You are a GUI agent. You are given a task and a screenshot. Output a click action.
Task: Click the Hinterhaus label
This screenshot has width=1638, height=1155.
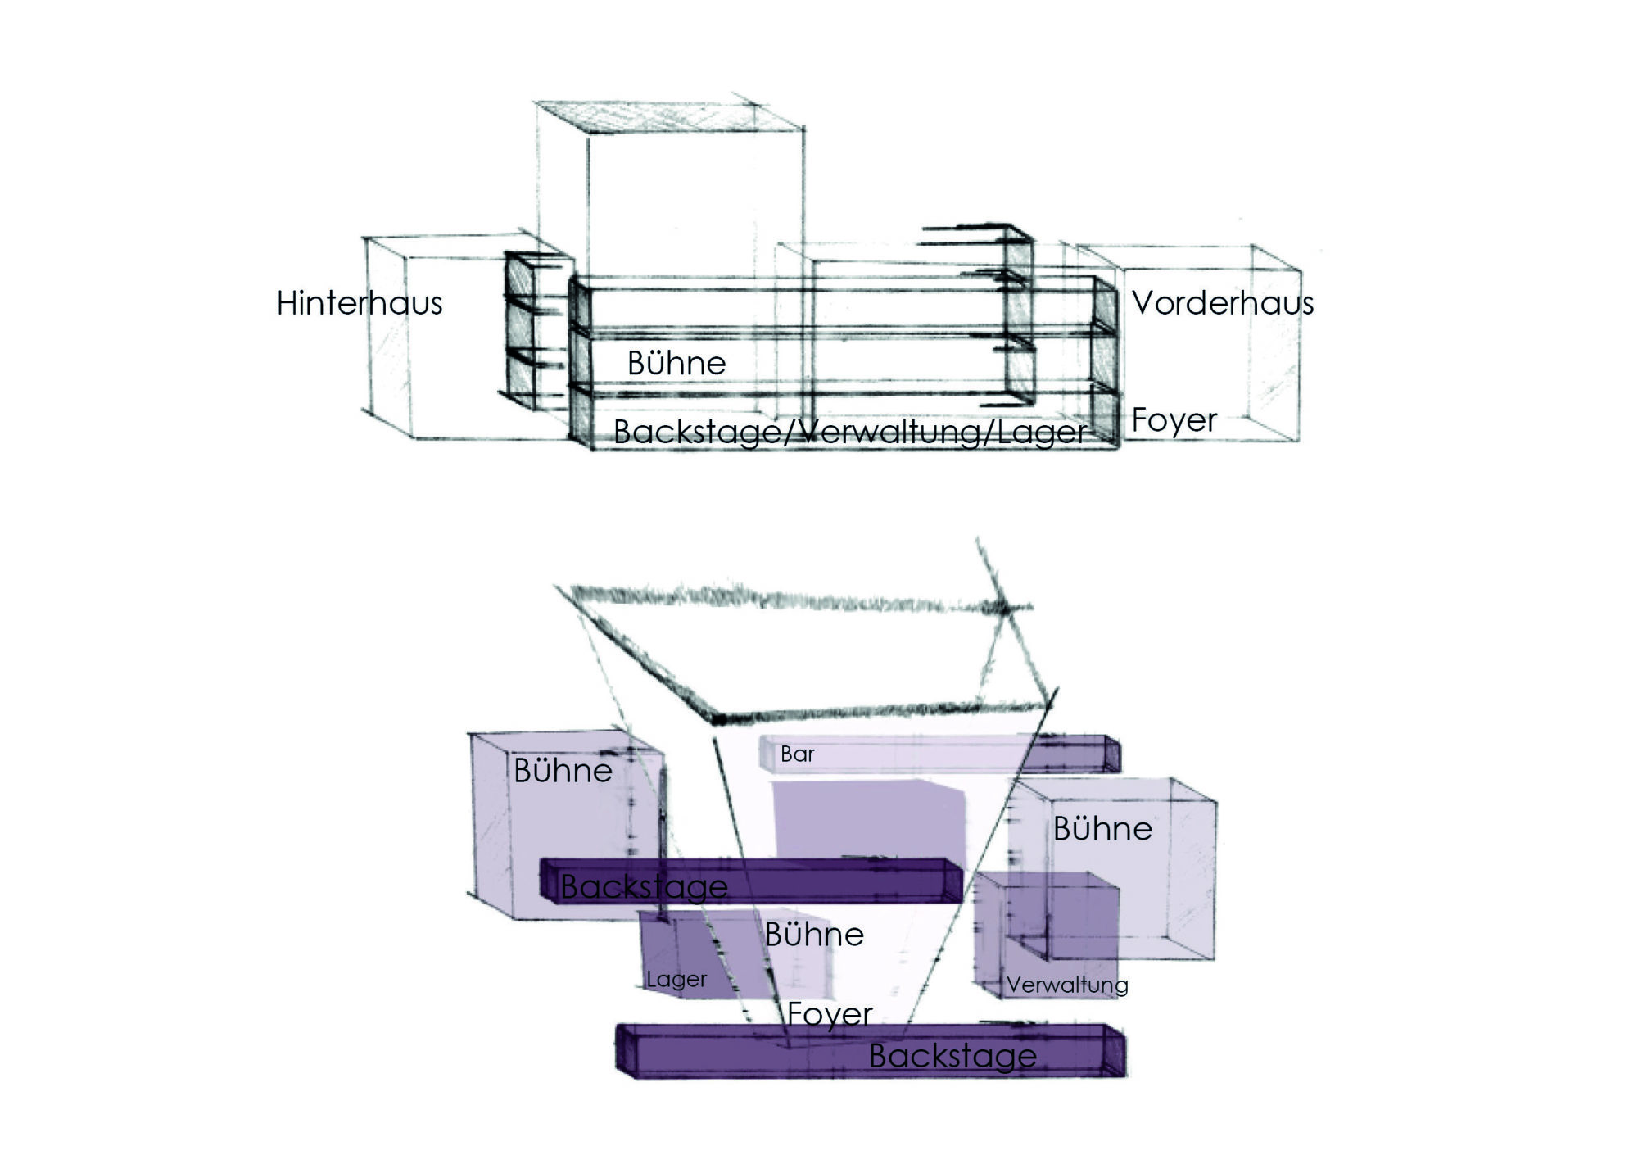pyautogui.click(x=360, y=303)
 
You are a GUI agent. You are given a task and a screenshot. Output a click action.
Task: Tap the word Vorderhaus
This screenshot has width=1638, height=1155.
pyautogui.click(x=1223, y=303)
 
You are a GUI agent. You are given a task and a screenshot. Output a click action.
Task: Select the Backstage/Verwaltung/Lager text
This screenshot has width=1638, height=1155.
pyautogui.click(x=850, y=432)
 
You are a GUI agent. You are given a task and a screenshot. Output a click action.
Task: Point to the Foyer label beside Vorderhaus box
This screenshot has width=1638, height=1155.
pyautogui.click(x=1174, y=420)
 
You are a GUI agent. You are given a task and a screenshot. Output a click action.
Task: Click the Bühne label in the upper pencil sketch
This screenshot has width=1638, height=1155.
pyautogui.click(x=676, y=363)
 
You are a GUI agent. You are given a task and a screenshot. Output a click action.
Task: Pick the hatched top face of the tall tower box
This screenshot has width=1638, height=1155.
pyautogui.click(x=667, y=115)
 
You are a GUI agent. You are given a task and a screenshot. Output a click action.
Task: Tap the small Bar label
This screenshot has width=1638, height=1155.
pyautogui.click(x=797, y=754)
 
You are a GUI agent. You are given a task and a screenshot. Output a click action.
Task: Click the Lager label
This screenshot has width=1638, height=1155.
pyautogui.click(x=676, y=980)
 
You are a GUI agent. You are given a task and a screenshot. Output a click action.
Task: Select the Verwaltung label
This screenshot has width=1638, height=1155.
pyautogui.click(x=1067, y=985)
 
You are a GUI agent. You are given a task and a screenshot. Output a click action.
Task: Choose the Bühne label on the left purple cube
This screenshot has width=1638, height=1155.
pyautogui.click(x=563, y=770)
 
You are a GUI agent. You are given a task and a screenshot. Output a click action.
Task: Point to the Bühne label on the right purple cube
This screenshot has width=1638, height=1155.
pyautogui.click(x=1102, y=829)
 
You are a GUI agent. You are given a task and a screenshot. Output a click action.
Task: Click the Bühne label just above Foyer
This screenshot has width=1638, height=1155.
pyautogui.click(x=814, y=935)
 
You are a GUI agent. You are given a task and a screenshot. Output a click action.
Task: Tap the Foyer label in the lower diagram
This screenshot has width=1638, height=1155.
pyautogui.click(x=830, y=1014)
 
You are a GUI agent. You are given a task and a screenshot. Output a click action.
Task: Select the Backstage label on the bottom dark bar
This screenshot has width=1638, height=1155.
pyautogui.click(x=952, y=1056)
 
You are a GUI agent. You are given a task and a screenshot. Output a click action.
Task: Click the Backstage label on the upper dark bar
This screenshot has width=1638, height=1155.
pyautogui.click(x=644, y=886)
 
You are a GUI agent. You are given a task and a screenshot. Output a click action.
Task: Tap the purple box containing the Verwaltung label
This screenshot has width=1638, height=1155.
pyautogui.click(x=1047, y=935)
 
